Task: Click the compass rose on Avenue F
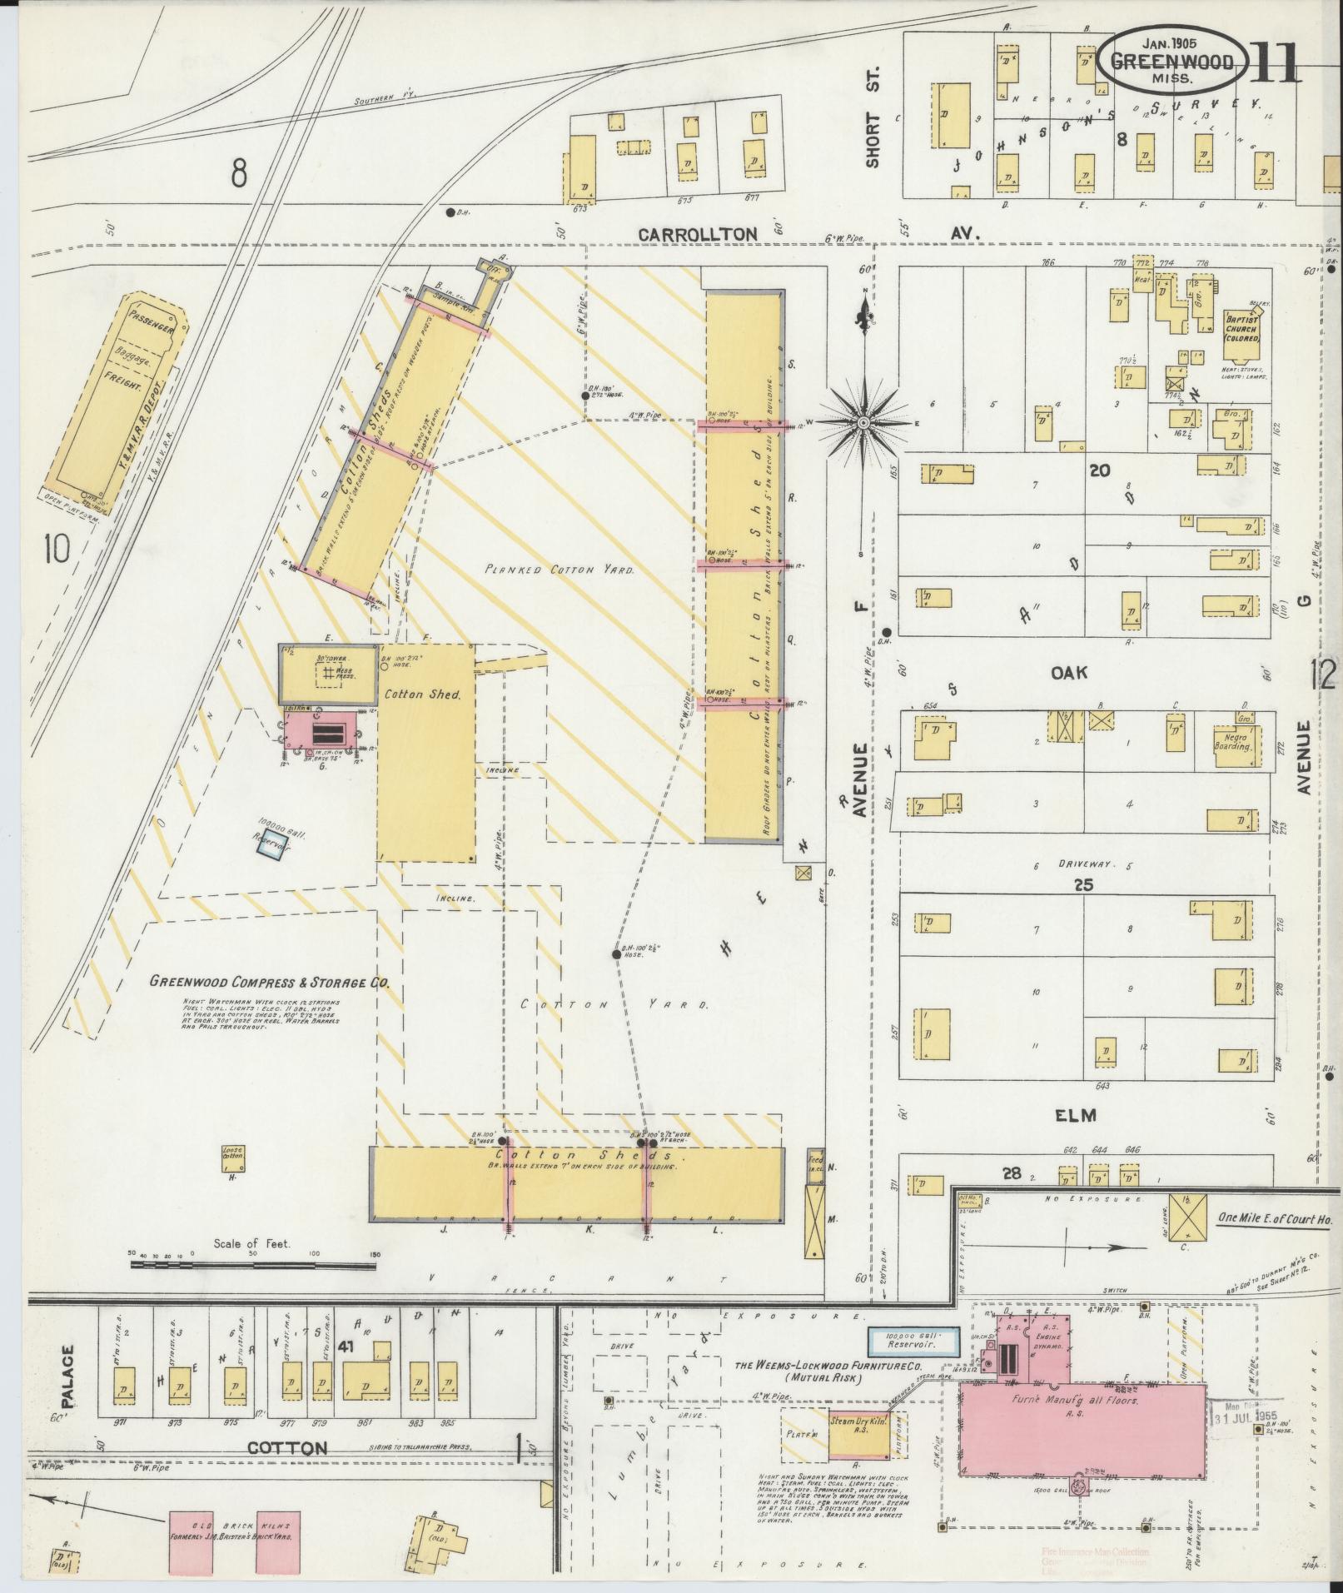tap(864, 423)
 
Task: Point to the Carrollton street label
tap(698, 235)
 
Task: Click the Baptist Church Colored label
tap(1241, 328)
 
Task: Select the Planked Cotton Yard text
tap(560, 571)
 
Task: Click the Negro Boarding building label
tap(1233, 741)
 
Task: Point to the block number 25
tap(1082, 885)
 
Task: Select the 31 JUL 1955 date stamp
tap(1244, 1416)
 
